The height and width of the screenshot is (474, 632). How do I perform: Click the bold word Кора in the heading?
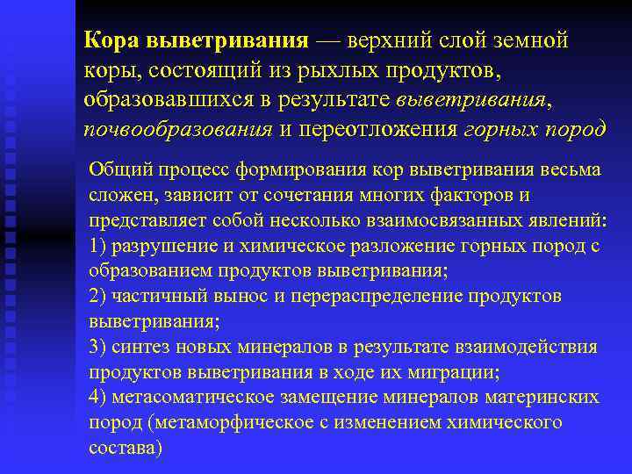(x=111, y=40)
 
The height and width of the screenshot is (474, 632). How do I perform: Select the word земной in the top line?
(x=533, y=40)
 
